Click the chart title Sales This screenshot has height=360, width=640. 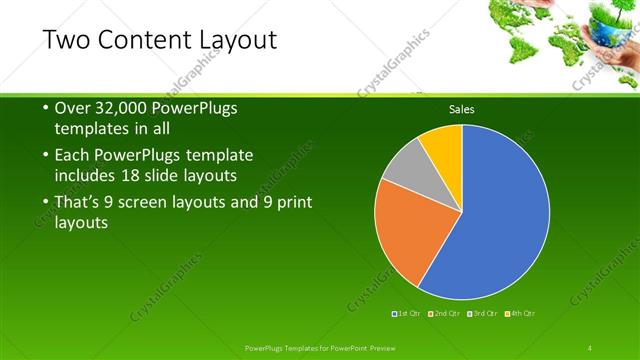461,109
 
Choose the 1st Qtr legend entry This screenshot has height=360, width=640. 406,314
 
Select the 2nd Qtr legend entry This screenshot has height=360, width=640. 444,314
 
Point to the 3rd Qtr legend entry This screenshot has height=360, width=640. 482,314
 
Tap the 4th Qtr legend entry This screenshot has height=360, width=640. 520,314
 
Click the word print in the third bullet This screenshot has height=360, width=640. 292,203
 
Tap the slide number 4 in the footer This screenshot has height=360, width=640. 591,347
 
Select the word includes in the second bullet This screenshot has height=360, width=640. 86,175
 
